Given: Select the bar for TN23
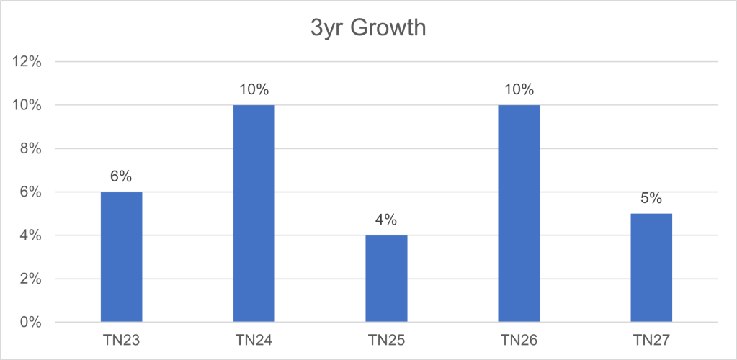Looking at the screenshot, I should (121, 257).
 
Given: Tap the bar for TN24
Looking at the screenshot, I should (254, 214).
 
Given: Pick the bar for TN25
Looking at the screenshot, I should (386, 279).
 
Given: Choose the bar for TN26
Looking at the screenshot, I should (519, 214).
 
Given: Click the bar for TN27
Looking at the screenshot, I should (651, 268).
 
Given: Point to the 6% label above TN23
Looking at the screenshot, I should (121, 177).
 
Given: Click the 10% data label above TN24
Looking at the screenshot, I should (254, 90).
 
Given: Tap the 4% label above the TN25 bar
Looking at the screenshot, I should (386, 220).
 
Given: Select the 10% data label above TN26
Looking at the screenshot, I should (519, 90).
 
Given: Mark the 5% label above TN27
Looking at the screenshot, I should (651, 199).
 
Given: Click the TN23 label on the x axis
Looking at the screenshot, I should (121, 339).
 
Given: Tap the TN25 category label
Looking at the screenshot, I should (386, 339).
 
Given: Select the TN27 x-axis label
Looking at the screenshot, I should (651, 339).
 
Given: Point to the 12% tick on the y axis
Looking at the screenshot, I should (28, 62).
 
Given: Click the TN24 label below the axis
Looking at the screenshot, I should (254, 339).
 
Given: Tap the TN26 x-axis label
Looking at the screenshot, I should (519, 339).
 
